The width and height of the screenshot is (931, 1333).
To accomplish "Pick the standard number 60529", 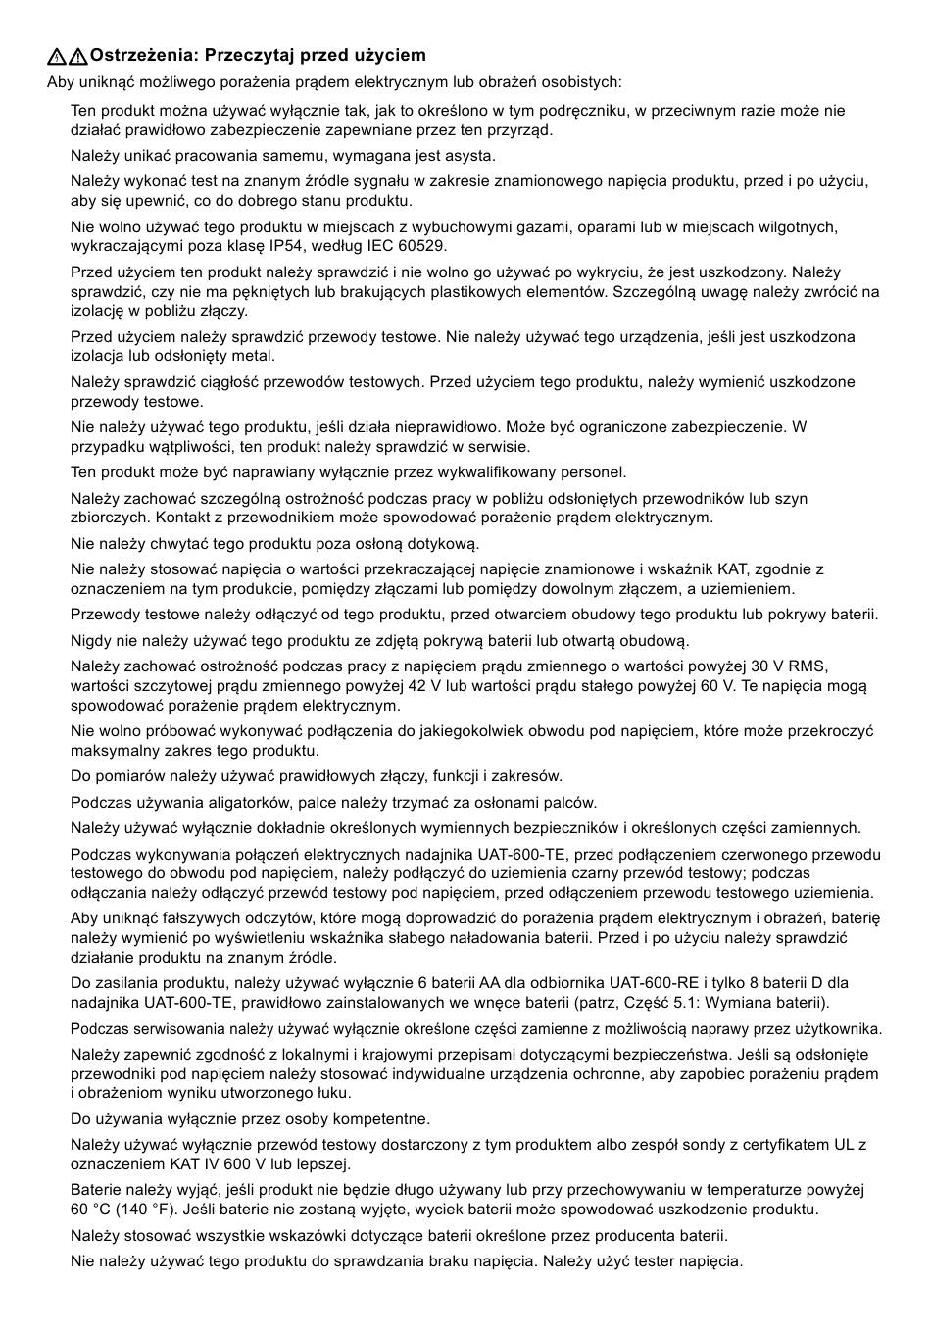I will coord(425,246).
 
